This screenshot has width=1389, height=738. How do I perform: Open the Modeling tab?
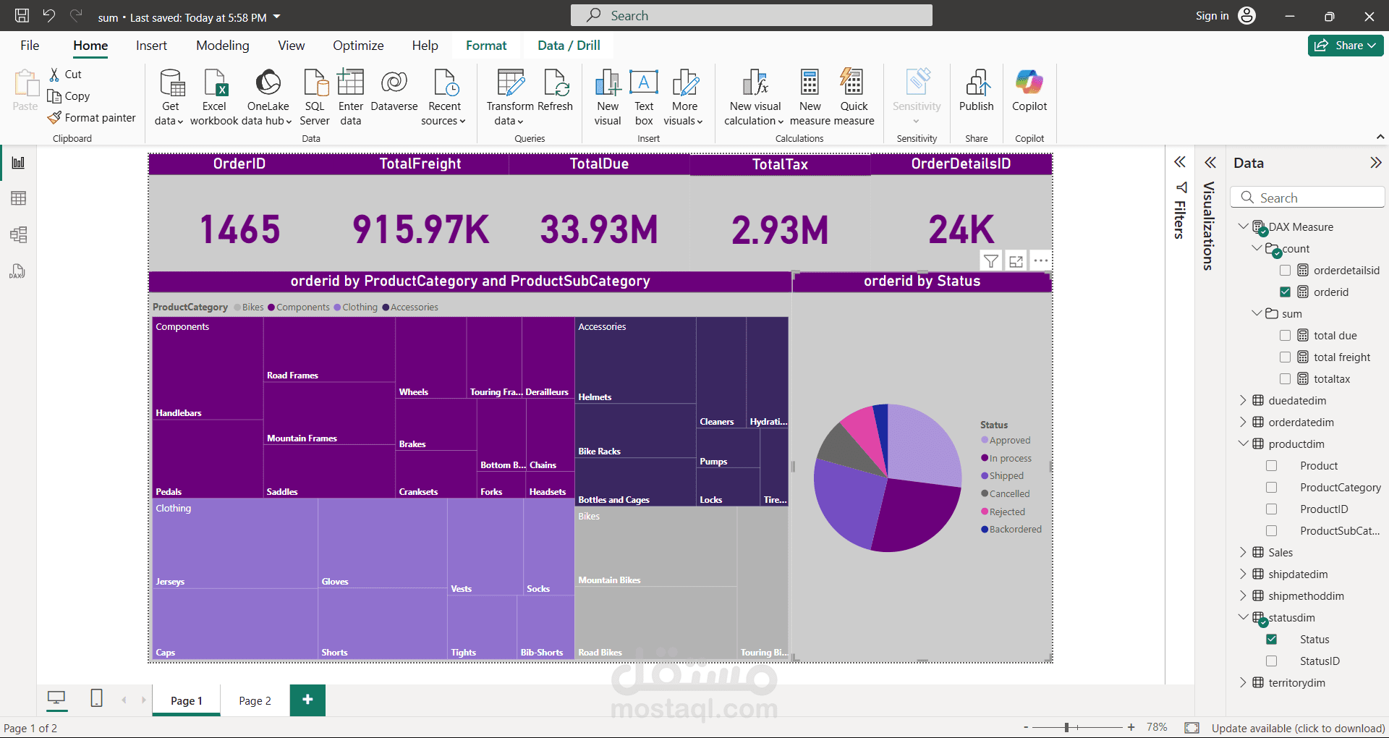222,46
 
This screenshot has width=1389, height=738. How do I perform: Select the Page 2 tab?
255,700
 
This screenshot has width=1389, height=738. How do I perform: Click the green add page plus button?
307,700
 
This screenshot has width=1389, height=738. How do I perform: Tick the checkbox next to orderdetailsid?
1285,271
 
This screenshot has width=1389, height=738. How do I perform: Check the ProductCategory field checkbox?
1271,488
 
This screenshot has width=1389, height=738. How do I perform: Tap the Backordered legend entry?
1011,530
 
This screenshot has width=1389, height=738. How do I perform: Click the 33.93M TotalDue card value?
599,229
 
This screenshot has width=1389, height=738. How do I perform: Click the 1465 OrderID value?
239,229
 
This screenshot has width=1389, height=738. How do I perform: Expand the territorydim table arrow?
1243,682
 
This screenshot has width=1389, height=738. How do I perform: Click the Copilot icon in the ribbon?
1029,82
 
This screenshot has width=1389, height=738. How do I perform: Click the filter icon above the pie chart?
991,261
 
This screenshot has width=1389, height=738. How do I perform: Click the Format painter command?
92,118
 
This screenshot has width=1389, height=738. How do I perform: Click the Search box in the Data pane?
1309,198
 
